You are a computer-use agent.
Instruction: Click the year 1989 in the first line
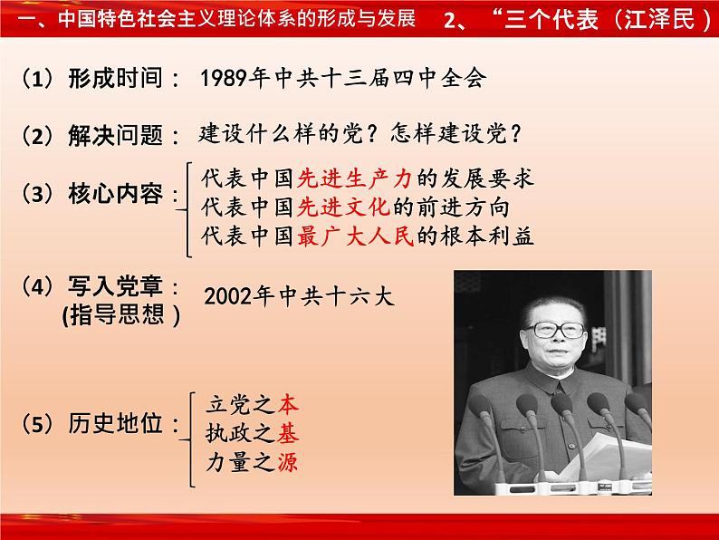(x=225, y=78)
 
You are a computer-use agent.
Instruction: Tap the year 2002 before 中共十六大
(x=228, y=296)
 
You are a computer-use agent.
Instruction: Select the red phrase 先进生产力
(x=354, y=178)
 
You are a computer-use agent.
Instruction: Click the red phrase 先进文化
(x=343, y=207)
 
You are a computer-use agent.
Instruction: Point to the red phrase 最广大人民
(x=355, y=236)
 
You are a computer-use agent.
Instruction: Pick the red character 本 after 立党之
(x=288, y=404)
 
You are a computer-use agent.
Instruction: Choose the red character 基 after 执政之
(x=288, y=433)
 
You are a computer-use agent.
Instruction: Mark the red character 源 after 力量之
(x=288, y=461)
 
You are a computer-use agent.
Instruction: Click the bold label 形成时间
(x=115, y=78)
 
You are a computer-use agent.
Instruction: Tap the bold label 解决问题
(x=115, y=136)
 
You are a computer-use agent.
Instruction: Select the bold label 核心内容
(x=115, y=194)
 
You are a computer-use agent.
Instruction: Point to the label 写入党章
(x=115, y=285)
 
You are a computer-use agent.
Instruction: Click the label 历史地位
(x=115, y=423)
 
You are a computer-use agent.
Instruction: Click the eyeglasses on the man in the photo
(x=555, y=330)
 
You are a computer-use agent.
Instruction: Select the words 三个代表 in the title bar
(x=551, y=19)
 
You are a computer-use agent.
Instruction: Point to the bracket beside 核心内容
(x=187, y=209)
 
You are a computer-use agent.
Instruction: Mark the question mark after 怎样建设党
(x=515, y=134)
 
